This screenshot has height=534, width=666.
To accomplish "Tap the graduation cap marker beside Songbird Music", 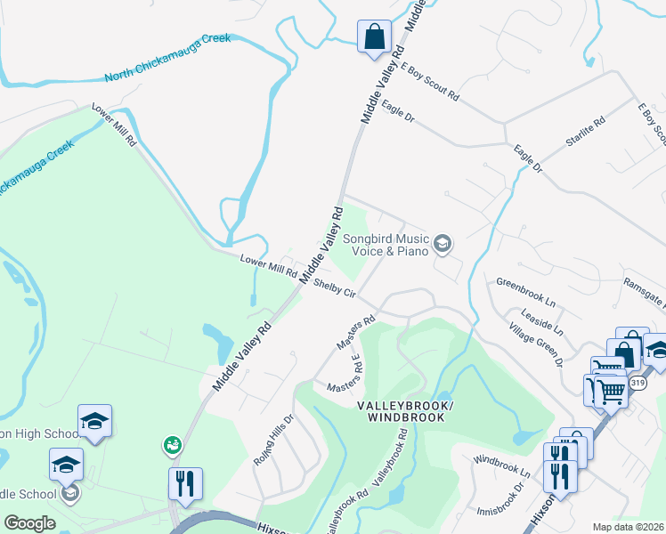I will coord(443,244).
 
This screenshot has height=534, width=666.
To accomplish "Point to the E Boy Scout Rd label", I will coord(429,81).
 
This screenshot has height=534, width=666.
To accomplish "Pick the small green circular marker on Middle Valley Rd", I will coord(172,444).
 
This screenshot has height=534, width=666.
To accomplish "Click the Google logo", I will coord(28,523).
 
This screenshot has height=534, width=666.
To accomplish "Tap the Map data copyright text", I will coord(629,527).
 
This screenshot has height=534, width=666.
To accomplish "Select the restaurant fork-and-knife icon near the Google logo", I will coord(185,483).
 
